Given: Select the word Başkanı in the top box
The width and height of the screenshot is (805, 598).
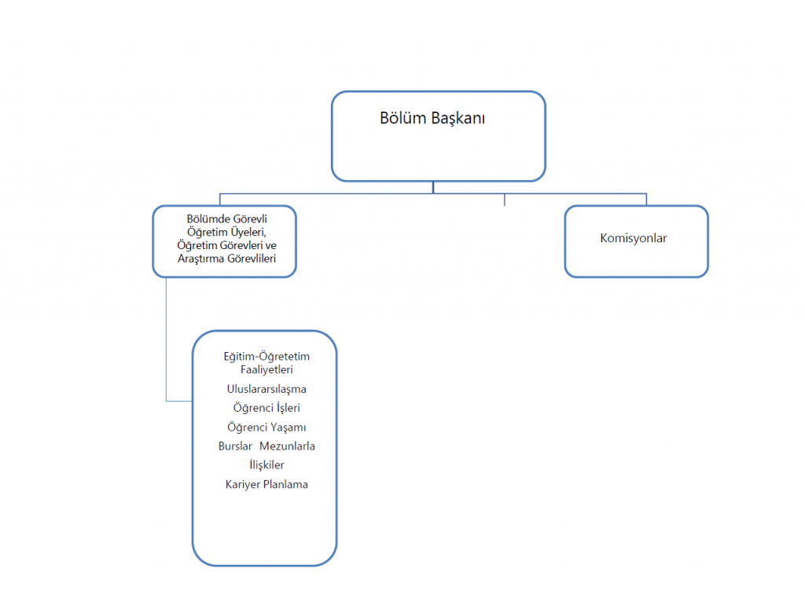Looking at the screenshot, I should pos(458,119).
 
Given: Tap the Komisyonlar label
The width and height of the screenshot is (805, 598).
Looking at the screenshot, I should pos(634,238).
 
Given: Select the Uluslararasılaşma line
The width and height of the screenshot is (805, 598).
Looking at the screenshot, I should pos(266,389).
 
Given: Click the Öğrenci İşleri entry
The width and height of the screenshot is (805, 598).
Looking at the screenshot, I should pos(266,408).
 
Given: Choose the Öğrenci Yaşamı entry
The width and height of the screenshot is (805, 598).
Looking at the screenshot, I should pos(266,427).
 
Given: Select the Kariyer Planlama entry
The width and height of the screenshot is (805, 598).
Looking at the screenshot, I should pos(266,484).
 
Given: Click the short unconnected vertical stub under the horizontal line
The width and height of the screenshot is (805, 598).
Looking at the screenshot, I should pos(505,200).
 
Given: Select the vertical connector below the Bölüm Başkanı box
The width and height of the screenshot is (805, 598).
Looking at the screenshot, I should pos(433,187).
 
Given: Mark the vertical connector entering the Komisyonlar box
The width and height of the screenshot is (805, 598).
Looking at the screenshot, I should pos(646,199).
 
